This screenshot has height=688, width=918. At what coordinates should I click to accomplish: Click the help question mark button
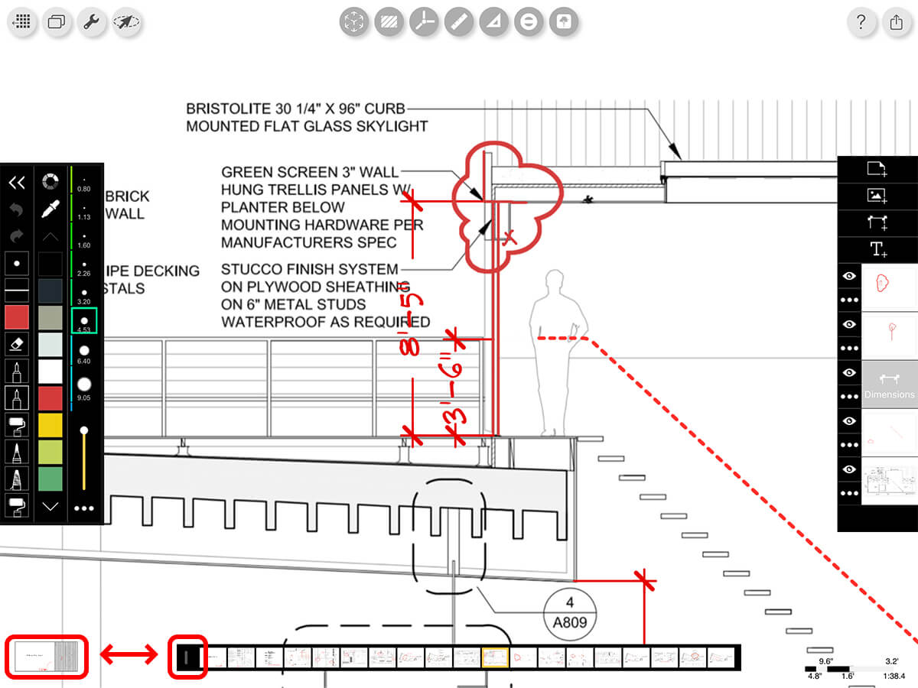click(x=861, y=22)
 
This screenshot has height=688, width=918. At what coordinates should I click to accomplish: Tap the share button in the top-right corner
click(x=897, y=22)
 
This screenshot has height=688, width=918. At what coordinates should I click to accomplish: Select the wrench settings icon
click(x=91, y=22)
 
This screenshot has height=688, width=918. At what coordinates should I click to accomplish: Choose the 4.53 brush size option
click(x=84, y=320)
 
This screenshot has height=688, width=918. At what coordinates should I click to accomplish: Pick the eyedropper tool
click(x=50, y=209)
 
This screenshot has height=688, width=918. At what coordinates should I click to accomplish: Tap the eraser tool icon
click(x=18, y=345)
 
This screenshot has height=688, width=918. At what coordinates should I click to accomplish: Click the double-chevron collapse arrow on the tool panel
click(x=17, y=182)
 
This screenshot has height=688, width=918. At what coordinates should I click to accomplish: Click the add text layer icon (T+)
click(x=877, y=249)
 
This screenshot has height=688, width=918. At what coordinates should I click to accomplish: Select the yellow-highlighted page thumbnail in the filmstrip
click(x=495, y=657)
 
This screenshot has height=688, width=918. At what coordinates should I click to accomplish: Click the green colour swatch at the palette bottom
click(x=50, y=479)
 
